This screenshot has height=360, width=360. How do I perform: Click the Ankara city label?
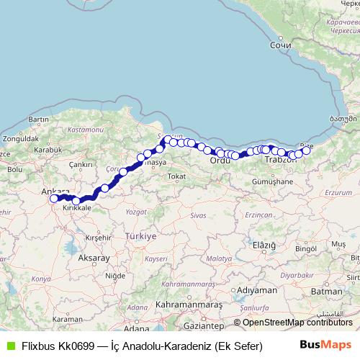[55, 192]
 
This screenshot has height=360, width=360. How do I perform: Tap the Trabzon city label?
[280, 160]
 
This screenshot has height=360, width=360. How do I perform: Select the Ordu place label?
[220, 160]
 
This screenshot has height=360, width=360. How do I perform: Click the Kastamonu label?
[84, 130]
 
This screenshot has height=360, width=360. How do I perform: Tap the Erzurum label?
[338, 193]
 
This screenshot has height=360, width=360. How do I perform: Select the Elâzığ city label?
[264, 246]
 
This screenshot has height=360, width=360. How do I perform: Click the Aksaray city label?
[94, 257]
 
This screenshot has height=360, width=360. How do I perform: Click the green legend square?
[10, 345]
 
